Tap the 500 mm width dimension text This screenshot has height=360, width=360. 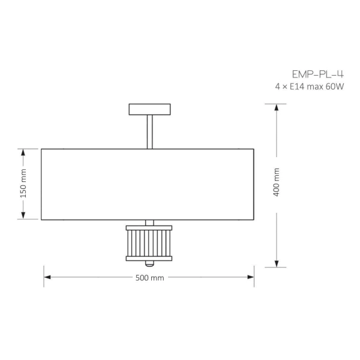pos(149,277)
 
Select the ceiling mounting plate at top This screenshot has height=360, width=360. pos(149,109)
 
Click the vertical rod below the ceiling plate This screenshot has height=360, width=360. pos(149,131)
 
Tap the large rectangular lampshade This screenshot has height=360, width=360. pos(148,184)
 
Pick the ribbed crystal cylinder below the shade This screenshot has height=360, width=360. pos(149,242)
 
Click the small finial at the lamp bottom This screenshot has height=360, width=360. pos(149,264)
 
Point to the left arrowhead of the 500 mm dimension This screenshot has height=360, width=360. pos(47,277)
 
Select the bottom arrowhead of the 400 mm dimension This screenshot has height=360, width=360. pos(277,263)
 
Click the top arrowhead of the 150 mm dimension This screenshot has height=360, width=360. pos(24,152)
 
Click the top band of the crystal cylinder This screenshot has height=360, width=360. pos(149,227)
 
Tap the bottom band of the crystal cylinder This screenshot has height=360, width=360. pos(149,259)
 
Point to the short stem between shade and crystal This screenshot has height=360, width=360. pos(149,222)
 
